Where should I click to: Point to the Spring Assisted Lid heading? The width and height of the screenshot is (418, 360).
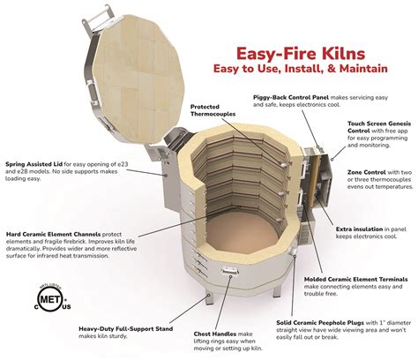pyautogui.click(x=35, y=166)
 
